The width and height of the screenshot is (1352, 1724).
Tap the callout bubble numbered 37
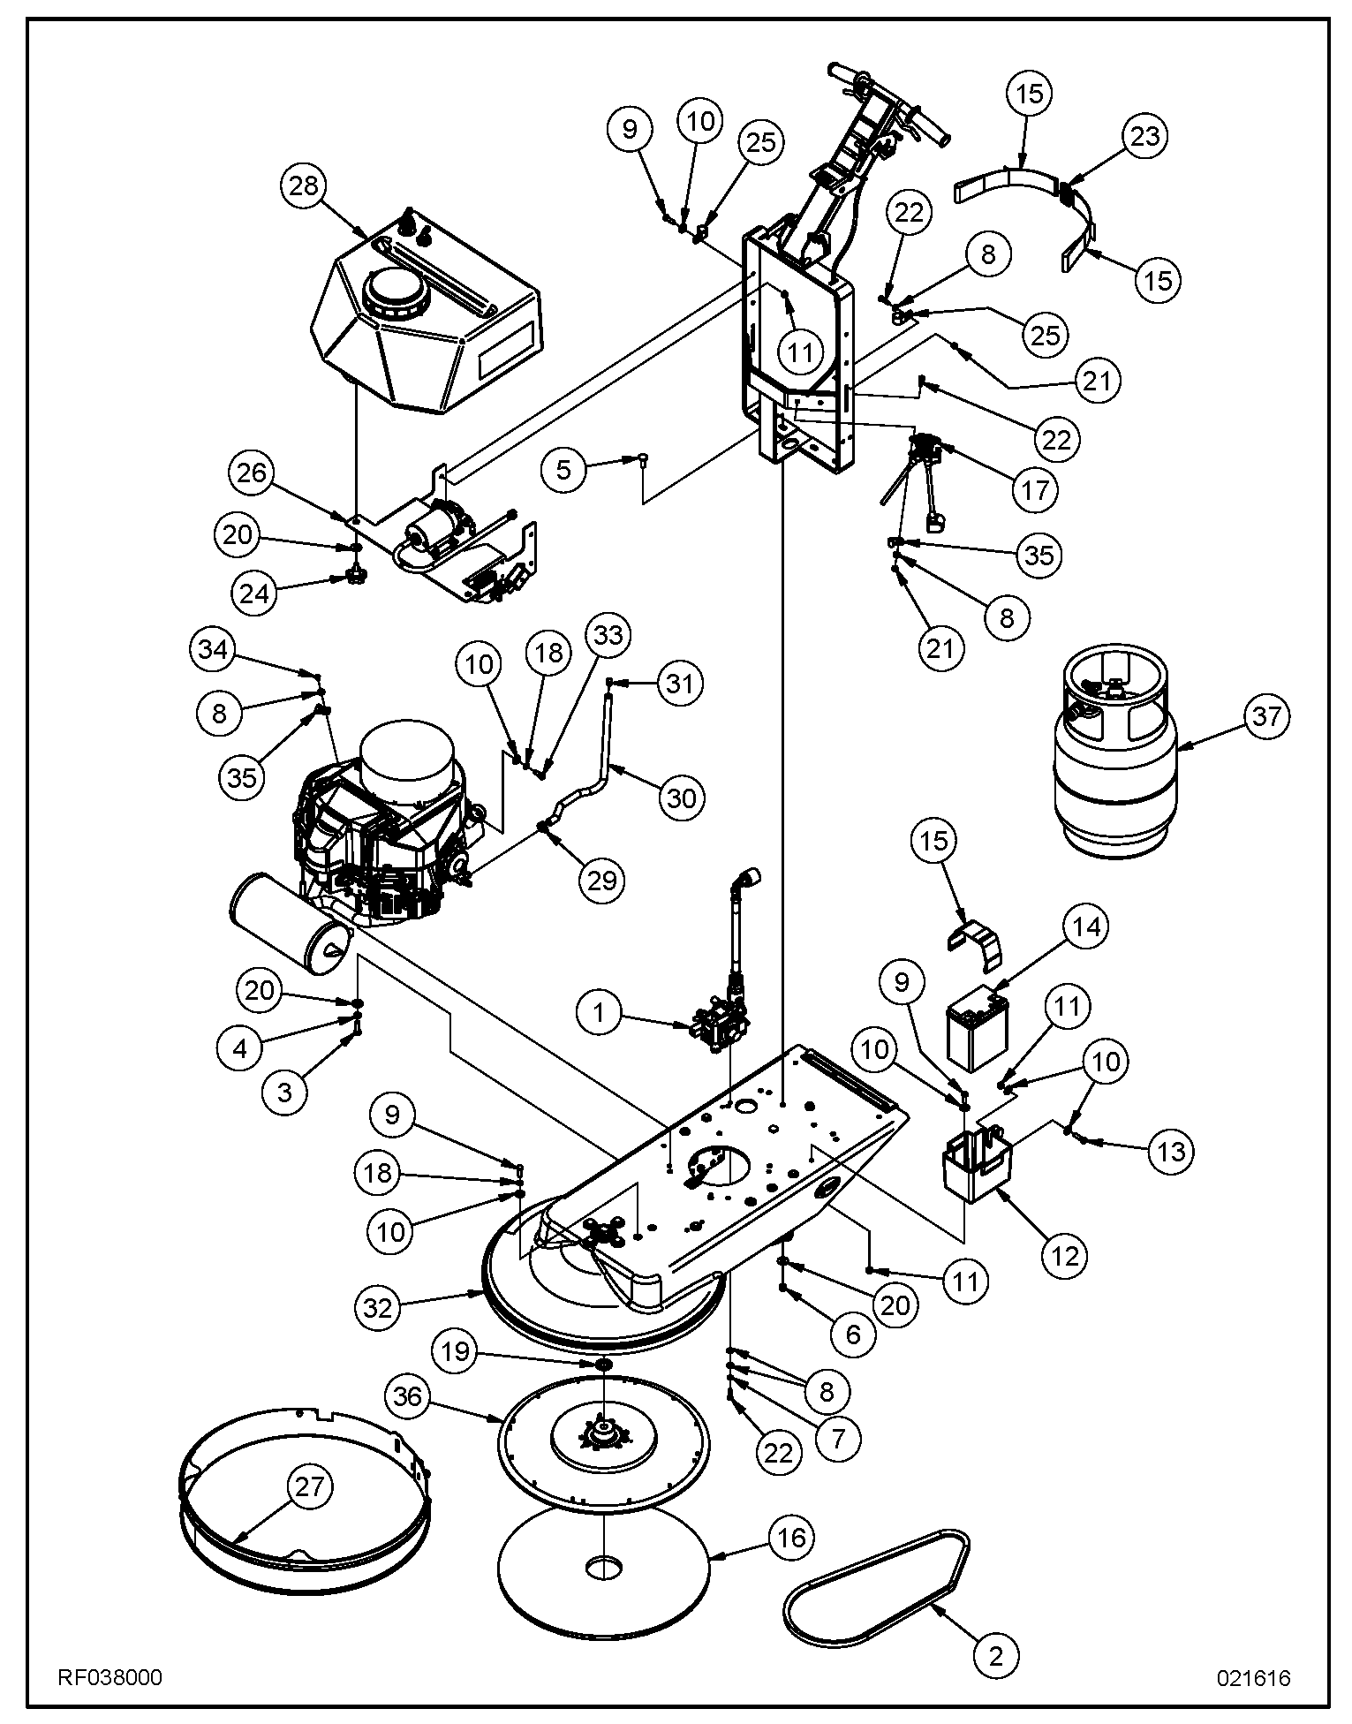tap(1266, 715)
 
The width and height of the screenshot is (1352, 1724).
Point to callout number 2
tap(996, 1656)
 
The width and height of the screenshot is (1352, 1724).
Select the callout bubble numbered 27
tap(310, 1487)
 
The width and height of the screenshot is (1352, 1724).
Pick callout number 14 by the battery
tap(1088, 926)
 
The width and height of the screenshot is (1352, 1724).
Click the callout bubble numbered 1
tap(600, 1012)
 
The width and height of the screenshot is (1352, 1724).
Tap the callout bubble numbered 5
tap(565, 469)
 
